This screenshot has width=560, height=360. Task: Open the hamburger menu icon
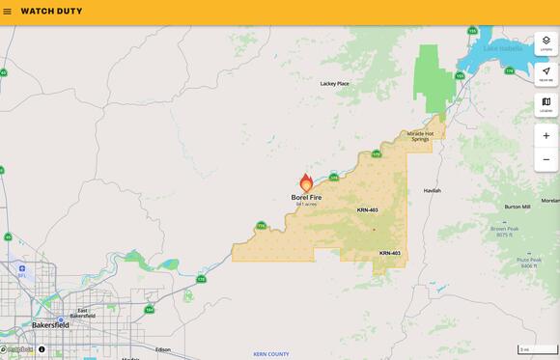pyautogui.click(x=8, y=12)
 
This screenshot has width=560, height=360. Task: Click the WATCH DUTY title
pyautogui.click(x=51, y=12)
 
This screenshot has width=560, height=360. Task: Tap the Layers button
pyautogui.click(x=546, y=43)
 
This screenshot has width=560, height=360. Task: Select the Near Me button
pyautogui.click(x=546, y=74)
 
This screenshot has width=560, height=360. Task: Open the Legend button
pyautogui.click(x=546, y=104)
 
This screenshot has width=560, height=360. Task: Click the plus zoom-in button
pyautogui.click(x=546, y=136)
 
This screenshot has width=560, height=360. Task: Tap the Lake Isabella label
pyautogui.click(x=502, y=48)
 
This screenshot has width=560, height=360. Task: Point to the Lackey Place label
pyautogui.click(x=334, y=84)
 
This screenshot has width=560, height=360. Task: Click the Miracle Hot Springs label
pyautogui.click(x=419, y=136)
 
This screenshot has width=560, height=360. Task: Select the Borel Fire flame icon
pyautogui.click(x=306, y=181)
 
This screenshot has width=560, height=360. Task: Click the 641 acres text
pyautogui.click(x=306, y=205)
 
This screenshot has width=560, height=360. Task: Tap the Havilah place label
pyautogui.click(x=432, y=190)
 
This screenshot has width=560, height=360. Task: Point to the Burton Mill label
pyautogui.click(x=518, y=207)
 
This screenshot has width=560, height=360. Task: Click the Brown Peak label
pyautogui.click(x=504, y=229)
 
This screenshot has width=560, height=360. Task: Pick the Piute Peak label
pyautogui.click(x=528, y=260)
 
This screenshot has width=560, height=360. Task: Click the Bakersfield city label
pyautogui.click(x=50, y=325)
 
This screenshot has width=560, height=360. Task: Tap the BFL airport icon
pyautogui.click(x=21, y=269)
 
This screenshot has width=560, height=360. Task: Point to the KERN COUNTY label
pyautogui.click(x=271, y=354)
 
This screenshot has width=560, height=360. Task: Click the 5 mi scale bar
pyautogui.click(x=537, y=349)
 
